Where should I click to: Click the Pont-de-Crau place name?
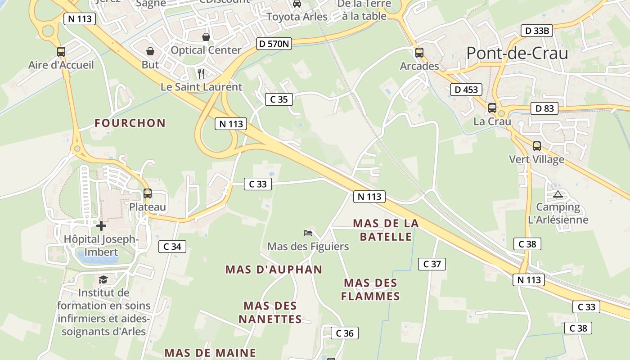coord(517,54)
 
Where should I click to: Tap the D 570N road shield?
coord(274,44)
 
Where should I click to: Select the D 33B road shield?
coord(536,31)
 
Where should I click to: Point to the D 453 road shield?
coord(466,90)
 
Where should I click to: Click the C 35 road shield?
coord(279,99)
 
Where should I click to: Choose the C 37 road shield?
coord(432,264)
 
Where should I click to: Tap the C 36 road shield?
coord(345,333)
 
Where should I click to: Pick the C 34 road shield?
coord(172,246)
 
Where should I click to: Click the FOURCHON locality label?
coord(130,123)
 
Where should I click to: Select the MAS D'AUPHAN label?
coord(274,270)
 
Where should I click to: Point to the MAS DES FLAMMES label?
coord(370,289)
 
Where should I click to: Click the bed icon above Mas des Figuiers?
coord(308,233)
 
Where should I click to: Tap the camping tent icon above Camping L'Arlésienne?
coord(558,194)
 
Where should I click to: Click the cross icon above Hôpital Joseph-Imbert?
coord(101,225)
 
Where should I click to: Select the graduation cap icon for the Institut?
coord(103,279)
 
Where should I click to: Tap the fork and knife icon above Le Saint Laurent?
coord(201,73)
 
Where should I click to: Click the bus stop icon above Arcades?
coord(419,52)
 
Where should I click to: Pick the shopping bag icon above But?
coord(150,52)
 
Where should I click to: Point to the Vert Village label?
coord(536,159)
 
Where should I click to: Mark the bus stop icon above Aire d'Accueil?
coord(61,52)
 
